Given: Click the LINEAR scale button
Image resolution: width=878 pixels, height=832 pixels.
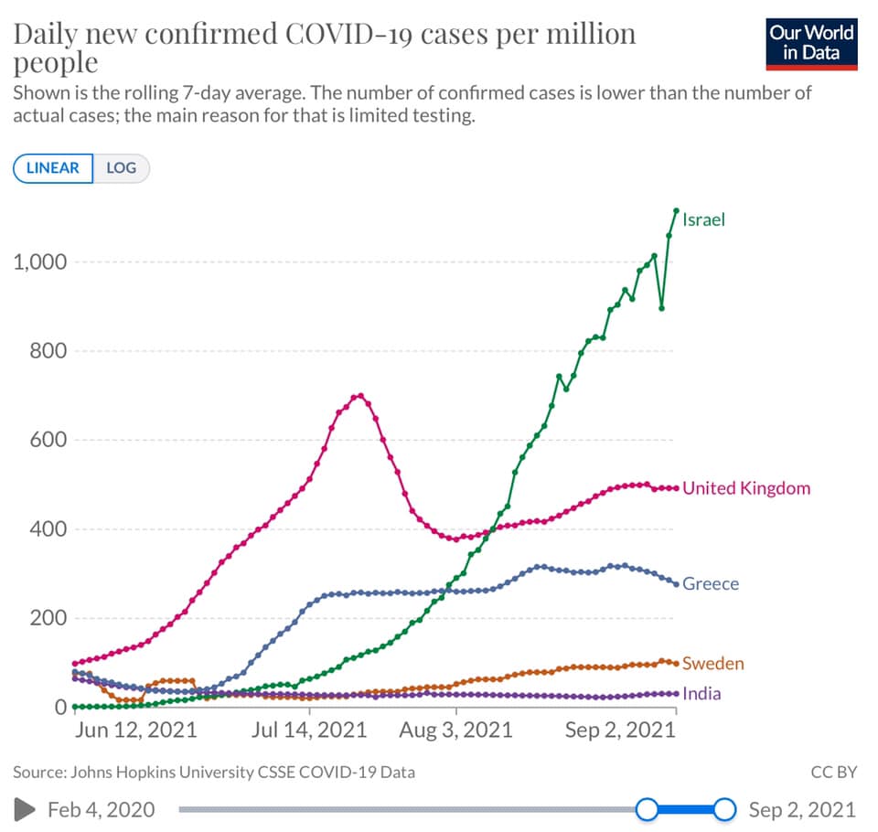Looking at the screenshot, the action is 53,168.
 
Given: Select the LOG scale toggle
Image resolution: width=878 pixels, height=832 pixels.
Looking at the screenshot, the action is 121,168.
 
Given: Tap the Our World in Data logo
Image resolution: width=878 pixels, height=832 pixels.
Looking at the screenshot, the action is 811,44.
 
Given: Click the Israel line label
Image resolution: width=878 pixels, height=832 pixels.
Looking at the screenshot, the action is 703,219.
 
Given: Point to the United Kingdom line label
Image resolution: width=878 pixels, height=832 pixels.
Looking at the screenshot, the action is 746,488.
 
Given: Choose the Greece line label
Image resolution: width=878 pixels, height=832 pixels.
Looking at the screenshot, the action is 711,584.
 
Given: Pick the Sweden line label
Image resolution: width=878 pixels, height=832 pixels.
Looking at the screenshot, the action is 713,664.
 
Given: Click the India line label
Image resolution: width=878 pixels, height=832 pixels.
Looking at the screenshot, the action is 701,694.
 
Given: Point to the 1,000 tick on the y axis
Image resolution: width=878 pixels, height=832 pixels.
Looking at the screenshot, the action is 39,262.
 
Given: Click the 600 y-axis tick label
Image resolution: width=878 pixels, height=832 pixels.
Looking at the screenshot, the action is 48,440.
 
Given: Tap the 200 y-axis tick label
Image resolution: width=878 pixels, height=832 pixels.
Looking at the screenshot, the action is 48,618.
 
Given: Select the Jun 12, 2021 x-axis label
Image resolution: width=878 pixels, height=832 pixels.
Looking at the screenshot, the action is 136,731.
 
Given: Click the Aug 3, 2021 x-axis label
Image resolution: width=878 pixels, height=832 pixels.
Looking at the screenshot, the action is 455,731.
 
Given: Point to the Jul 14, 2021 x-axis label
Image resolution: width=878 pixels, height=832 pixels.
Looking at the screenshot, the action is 309,731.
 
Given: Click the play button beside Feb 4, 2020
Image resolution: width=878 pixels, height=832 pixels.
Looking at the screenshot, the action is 24,810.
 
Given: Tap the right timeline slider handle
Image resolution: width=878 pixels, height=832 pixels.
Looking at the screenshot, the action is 724,810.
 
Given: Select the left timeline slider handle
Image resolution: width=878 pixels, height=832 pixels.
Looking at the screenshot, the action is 648,810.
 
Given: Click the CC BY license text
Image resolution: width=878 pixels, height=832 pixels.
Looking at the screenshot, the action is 834,772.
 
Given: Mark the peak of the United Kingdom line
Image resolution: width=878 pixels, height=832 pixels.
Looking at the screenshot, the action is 360,396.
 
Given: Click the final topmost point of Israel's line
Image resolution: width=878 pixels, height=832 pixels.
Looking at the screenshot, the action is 677,210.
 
